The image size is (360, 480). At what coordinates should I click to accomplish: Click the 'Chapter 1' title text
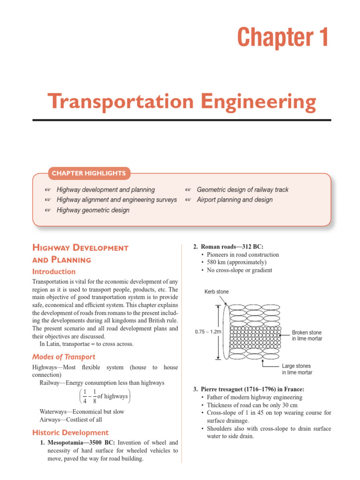click(x=283, y=37)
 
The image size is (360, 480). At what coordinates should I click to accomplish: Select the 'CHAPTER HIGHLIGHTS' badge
click(x=89, y=173)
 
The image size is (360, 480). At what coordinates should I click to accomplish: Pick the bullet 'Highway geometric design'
click(x=93, y=210)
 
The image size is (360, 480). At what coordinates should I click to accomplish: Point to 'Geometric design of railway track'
click(x=242, y=190)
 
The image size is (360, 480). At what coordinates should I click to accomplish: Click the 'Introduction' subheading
click(x=53, y=271)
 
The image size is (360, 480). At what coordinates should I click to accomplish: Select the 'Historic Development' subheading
click(x=70, y=433)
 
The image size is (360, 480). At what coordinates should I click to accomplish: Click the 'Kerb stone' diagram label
click(x=217, y=292)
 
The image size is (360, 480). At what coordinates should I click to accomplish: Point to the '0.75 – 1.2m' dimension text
click(x=208, y=331)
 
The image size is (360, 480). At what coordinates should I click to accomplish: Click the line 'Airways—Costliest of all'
click(x=71, y=420)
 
